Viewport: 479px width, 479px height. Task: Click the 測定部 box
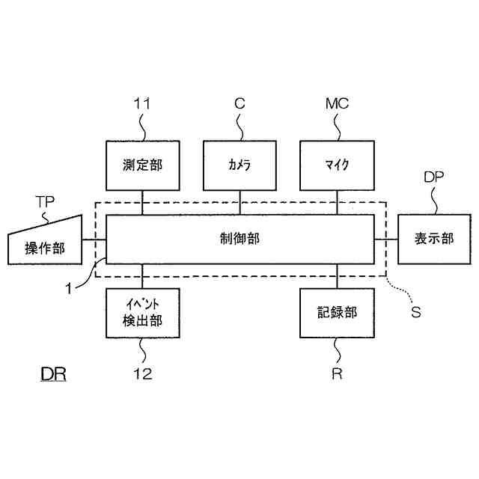click(x=142, y=164)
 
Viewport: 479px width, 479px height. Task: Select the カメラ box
click(x=239, y=164)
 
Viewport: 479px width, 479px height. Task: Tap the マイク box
click(x=337, y=164)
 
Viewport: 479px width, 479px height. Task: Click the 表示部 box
click(x=434, y=239)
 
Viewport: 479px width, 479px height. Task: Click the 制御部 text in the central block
click(x=239, y=239)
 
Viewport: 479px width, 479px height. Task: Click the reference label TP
click(x=46, y=202)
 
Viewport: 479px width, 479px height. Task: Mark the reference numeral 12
click(x=142, y=374)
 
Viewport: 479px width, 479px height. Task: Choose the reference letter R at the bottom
click(x=337, y=374)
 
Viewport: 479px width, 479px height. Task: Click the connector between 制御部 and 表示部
click(x=385, y=239)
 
